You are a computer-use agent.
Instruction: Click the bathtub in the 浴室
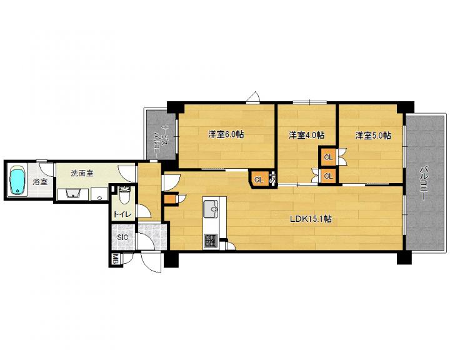[17, 181]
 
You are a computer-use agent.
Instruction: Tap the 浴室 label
[40, 182]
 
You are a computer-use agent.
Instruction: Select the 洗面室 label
[82, 173]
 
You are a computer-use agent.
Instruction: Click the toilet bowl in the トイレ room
[124, 195]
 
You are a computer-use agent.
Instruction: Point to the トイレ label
[122, 214]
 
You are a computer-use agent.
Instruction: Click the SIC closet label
[122, 237]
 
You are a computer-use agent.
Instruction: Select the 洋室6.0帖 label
[226, 134]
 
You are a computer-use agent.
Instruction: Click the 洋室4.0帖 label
[306, 135]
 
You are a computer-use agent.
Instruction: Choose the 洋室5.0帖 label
[372, 135]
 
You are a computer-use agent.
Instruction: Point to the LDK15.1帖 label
[311, 219]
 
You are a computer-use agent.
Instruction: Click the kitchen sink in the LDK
[211, 209]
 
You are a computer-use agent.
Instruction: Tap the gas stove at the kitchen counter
[211, 241]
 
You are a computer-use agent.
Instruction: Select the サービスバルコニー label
[161, 141]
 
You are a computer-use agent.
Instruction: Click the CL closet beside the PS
[259, 180]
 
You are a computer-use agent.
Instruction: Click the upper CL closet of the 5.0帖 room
[328, 157]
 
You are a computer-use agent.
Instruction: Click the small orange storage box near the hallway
[169, 199]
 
